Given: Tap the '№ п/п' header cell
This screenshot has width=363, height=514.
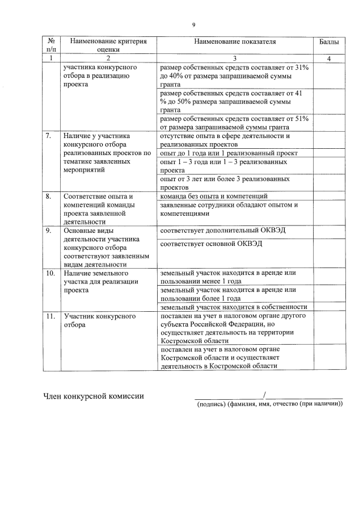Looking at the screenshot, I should tap(52, 45).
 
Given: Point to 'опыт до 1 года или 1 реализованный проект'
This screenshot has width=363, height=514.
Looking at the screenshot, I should tap(229, 153).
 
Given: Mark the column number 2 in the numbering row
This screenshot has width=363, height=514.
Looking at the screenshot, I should tap(108, 58).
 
